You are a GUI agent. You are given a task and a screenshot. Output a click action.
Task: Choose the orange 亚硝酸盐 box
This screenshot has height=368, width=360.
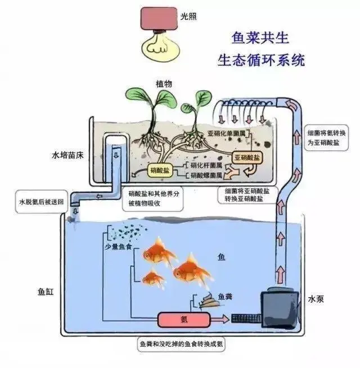tap(247, 158)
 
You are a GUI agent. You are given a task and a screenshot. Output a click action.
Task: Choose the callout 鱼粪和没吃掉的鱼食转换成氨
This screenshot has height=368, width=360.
tap(181, 344)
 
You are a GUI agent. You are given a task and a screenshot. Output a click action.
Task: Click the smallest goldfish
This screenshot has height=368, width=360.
tap(153, 277)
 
